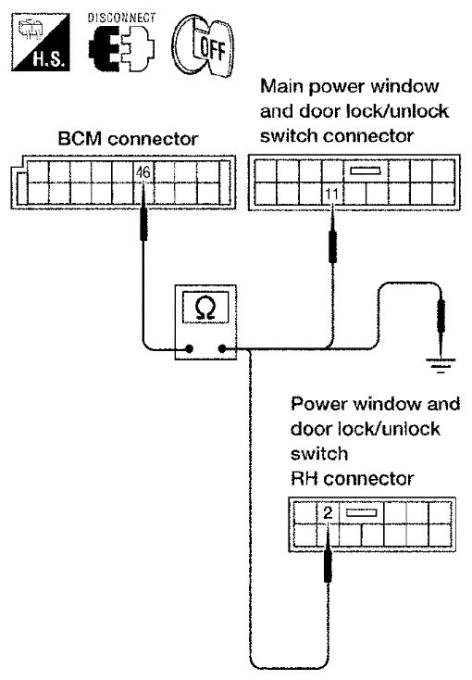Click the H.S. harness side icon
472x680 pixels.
click(x=41, y=42)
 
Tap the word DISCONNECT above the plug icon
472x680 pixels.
click(x=121, y=18)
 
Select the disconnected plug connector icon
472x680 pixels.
click(x=121, y=49)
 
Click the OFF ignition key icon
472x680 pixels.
click(x=203, y=45)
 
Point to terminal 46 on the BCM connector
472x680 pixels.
click(x=143, y=172)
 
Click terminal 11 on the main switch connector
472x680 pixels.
click(x=331, y=194)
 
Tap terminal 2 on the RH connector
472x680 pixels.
click(x=329, y=513)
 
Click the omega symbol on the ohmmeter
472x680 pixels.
click(x=205, y=309)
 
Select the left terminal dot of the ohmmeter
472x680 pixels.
click(x=189, y=348)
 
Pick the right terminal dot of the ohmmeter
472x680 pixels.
click(x=222, y=348)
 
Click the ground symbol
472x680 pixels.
click(x=441, y=365)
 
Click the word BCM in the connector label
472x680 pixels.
click(x=80, y=139)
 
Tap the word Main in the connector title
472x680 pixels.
click(x=282, y=86)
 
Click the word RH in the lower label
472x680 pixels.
click(x=304, y=479)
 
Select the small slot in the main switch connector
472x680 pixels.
click(x=366, y=170)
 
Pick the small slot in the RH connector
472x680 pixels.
click(x=362, y=513)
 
